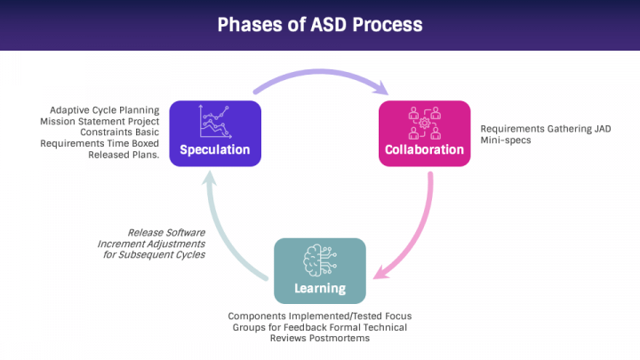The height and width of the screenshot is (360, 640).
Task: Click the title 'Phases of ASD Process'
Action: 320,25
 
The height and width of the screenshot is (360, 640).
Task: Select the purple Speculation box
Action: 215,133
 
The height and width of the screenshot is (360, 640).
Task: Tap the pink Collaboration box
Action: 425,133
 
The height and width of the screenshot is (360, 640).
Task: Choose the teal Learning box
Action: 320,270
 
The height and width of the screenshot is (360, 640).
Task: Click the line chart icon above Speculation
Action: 215,122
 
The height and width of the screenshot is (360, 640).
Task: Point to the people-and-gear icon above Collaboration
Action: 425,123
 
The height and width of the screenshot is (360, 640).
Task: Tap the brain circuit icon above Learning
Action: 320,260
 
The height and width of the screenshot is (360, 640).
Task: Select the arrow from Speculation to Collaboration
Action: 320,72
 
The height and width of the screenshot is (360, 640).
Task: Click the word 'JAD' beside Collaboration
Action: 603,129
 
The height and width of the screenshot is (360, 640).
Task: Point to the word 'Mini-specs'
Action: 506,140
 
